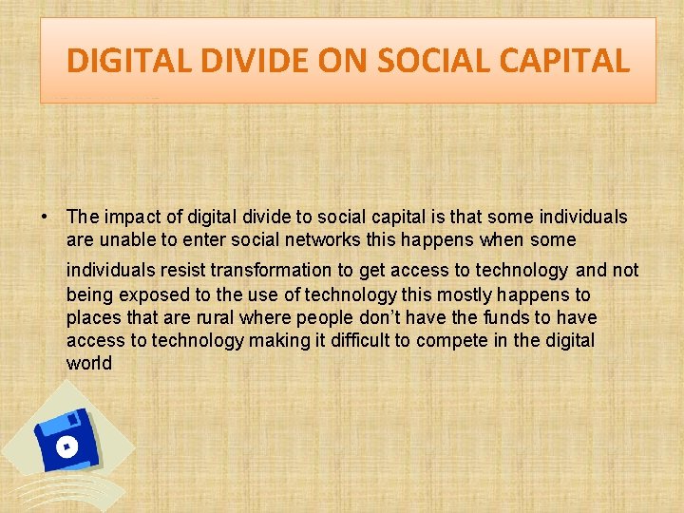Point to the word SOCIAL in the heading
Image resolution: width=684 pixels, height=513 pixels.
click(436, 62)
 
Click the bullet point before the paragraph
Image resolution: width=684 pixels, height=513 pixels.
click(46, 218)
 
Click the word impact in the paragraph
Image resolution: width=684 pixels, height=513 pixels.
click(126, 218)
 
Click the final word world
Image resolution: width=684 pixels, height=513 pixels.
click(89, 364)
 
